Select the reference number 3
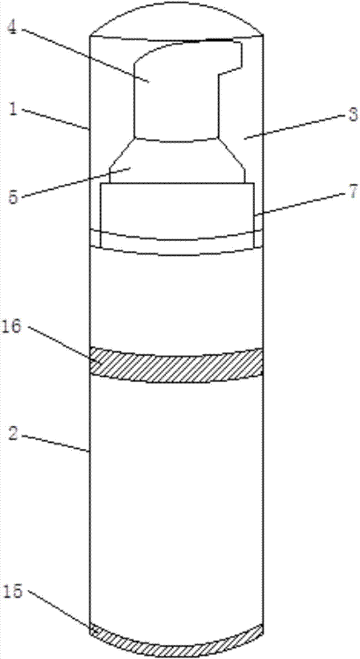(350, 115)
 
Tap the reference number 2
(13, 434)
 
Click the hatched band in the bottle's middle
(177, 365)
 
